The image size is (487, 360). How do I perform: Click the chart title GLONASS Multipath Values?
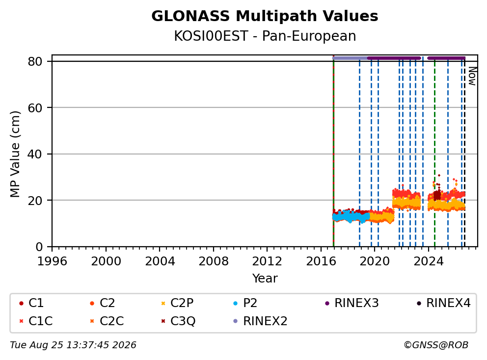(265, 16)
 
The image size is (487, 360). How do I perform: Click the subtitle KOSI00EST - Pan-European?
(265, 36)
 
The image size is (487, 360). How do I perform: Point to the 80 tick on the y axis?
(35, 61)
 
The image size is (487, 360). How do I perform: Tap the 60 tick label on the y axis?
(35, 108)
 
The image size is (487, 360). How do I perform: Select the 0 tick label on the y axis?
(39, 247)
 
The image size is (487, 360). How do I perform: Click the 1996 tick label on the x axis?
(52, 261)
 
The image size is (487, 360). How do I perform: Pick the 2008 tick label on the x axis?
(214, 261)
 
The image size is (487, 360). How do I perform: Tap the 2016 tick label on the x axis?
(321, 261)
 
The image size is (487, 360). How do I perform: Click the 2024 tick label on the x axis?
(428, 261)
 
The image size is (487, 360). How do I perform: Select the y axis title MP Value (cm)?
(15, 154)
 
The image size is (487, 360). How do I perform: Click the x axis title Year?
(265, 279)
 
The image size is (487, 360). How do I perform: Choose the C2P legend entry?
(177, 303)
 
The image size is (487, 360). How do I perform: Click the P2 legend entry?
(245, 303)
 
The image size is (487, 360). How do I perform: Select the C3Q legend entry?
(178, 321)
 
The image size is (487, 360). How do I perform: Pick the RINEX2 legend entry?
(260, 321)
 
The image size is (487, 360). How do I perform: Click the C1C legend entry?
(36, 321)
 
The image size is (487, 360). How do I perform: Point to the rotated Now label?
(472, 76)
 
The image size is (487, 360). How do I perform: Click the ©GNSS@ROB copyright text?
(436, 345)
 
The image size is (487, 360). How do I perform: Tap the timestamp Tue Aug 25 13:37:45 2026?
(73, 345)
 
